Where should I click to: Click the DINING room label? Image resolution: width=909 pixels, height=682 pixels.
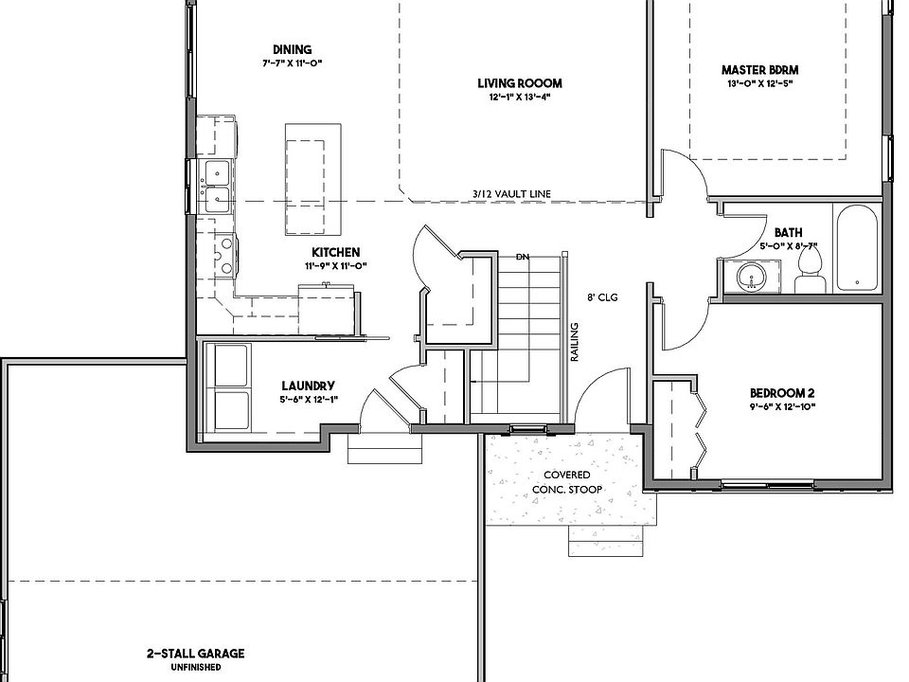click(293, 50)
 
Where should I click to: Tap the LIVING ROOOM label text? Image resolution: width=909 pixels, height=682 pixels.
click(520, 83)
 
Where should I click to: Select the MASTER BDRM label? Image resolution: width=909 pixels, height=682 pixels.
click(759, 70)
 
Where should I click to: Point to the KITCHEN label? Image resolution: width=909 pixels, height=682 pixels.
click(335, 252)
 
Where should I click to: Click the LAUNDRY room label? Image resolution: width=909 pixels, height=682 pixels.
click(308, 386)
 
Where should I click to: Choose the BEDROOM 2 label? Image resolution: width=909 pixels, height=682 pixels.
click(782, 393)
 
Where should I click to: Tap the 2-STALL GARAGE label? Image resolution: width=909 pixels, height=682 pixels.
click(195, 654)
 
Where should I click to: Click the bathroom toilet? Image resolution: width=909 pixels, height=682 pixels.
click(810, 270)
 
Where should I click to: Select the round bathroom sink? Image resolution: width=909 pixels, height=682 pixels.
click(752, 277)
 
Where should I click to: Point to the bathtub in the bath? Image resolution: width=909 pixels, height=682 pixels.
click(857, 249)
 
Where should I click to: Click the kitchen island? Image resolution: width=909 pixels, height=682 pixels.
click(313, 179)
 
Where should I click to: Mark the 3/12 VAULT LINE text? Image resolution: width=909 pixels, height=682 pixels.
click(510, 194)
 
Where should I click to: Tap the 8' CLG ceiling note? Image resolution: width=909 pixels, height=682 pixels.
click(602, 297)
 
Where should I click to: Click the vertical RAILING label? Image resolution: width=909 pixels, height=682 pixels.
click(575, 342)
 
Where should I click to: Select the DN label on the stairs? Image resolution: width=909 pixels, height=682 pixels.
click(523, 257)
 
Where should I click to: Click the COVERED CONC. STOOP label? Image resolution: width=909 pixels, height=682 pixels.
click(567, 482)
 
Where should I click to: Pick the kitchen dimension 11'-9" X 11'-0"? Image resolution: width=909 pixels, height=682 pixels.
click(336, 266)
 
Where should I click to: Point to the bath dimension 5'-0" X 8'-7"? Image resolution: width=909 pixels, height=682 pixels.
click(789, 246)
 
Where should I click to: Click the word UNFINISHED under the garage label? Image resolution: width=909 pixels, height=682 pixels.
click(195, 668)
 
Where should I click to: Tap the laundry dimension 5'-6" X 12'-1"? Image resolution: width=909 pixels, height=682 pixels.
click(309, 399)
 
